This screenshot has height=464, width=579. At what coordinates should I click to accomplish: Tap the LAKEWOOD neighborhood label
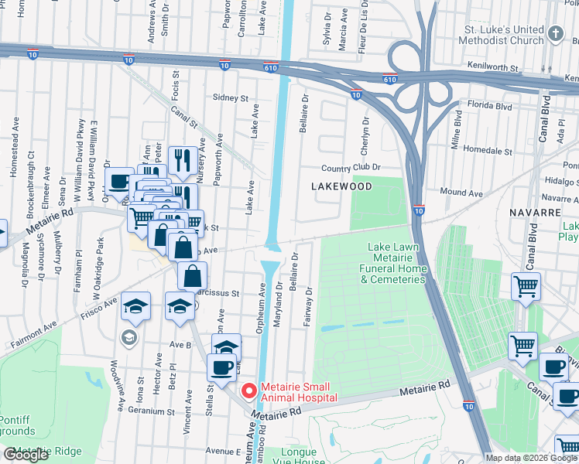[x=341, y=186]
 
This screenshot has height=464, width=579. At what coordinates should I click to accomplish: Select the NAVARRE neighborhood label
[x=534, y=211]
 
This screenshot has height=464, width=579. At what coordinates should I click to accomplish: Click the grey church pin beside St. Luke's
[x=557, y=33]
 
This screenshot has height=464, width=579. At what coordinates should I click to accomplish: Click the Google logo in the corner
[x=26, y=455]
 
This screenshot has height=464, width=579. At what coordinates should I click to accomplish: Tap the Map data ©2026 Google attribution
[x=530, y=458]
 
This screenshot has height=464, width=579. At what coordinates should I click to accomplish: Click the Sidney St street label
[x=231, y=99]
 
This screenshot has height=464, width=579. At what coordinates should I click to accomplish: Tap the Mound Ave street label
[x=461, y=193]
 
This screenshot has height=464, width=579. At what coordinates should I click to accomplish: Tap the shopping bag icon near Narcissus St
[x=192, y=276]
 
